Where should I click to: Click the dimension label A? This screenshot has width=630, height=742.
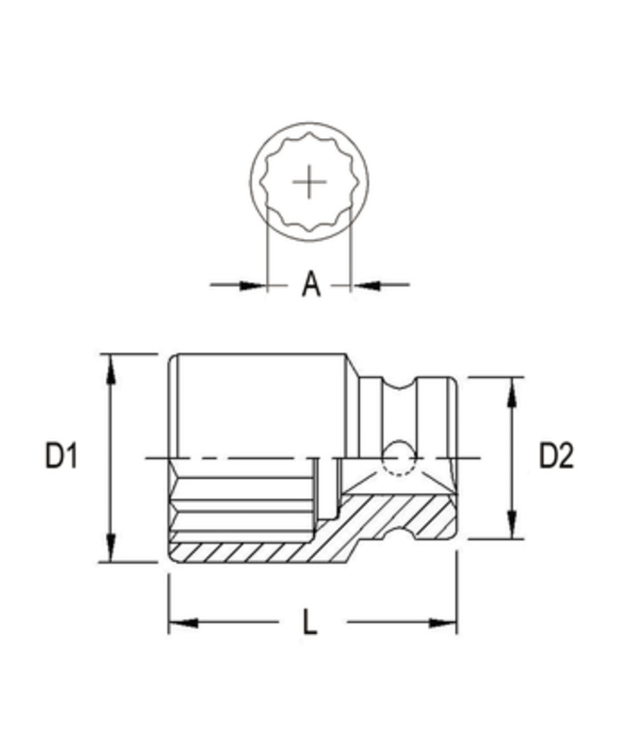pos(312,284)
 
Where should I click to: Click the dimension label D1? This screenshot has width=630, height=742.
pos(61,456)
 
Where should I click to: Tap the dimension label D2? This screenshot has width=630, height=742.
pos(556,456)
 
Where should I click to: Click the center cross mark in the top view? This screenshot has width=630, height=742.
pos(309,182)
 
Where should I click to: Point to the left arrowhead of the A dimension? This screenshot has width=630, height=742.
pos(253,285)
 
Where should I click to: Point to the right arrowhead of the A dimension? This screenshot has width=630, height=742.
pos(364,285)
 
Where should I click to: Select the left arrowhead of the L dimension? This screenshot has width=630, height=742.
pos(183,622)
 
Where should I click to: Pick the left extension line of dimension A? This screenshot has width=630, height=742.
pos(266,247)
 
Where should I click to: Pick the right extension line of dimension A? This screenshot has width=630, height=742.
pos(351,247)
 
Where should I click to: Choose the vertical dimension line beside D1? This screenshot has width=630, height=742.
pos(111,458)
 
